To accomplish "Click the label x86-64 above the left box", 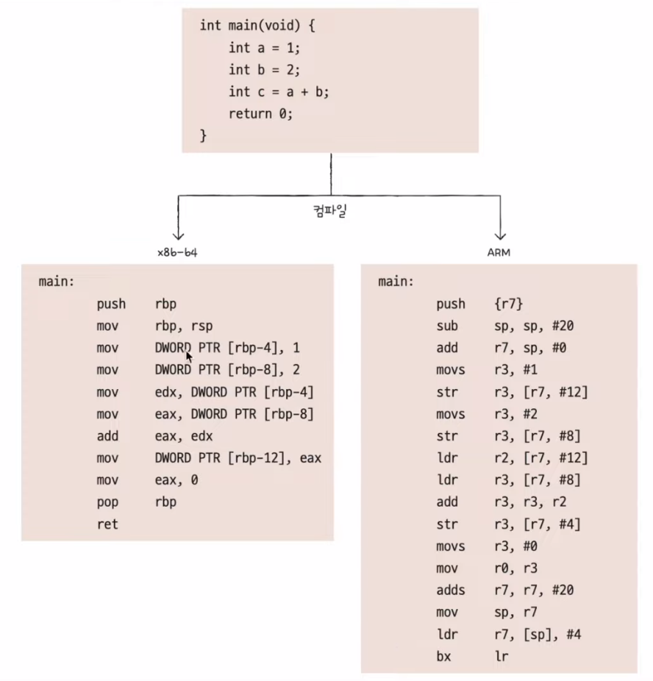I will coord(177,252).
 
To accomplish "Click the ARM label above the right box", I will coord(499,252).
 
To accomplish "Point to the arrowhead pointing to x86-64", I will coord(177,235).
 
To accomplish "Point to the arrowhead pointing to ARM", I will coord(500,235).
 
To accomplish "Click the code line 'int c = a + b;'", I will coord(279,91).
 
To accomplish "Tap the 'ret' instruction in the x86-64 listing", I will coord(107,524).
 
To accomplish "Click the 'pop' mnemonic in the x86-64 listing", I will coord(107,502).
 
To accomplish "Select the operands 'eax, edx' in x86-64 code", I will coord(184,436).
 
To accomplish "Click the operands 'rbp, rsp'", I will coord(184,326).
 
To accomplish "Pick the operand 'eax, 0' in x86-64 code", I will coord(176,480).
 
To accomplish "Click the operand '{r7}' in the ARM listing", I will coord(509,304).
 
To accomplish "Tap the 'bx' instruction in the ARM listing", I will coord(443,656).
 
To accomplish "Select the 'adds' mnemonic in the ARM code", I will coord(450,590).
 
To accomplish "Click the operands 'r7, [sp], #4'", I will coord(538,634).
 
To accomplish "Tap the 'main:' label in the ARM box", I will coord(396,282).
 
